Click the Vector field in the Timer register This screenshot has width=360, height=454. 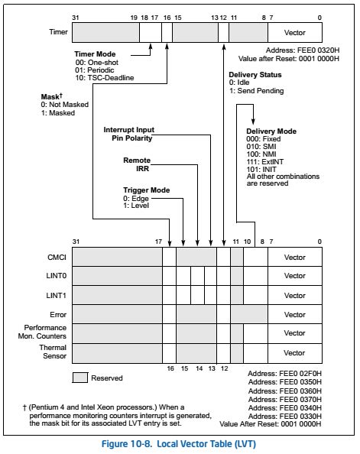[294, 33]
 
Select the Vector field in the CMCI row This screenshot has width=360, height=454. [294, 258]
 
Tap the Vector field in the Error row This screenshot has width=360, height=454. [294, 314]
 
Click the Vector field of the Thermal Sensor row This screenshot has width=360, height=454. [294, 352]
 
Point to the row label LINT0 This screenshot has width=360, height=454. [55, 276]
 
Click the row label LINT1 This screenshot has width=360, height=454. [55, 295]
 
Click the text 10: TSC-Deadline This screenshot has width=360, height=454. [104, 79]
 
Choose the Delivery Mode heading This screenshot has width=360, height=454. [271, 131]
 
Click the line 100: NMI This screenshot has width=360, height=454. [264, 154]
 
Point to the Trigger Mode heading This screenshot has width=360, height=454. [148, 190]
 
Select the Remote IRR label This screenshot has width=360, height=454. [136, 164]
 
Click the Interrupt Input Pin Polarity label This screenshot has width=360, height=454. [128, 134]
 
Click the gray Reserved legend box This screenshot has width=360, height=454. [79, 378]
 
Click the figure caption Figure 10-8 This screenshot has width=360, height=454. [179, 443]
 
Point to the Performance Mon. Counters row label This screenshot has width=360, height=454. [41, 332]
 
